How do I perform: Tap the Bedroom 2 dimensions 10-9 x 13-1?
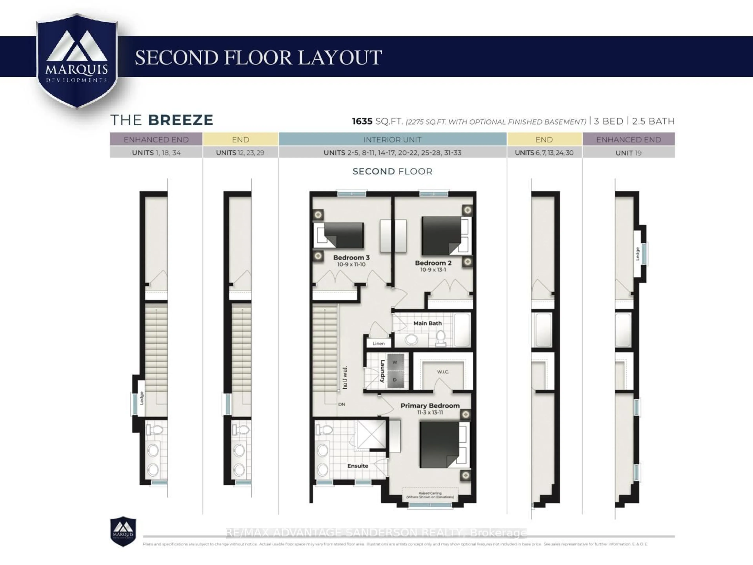point(433,270)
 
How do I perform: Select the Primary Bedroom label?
point(430,406)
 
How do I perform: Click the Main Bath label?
point(427,323)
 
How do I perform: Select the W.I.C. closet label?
point(443,372)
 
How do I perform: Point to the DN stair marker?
point(341,404)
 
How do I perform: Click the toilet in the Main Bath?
point(440,337)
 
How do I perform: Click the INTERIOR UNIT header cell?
point(392,140)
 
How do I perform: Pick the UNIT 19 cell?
point(628,153)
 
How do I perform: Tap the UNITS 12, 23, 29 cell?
point(240,153)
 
